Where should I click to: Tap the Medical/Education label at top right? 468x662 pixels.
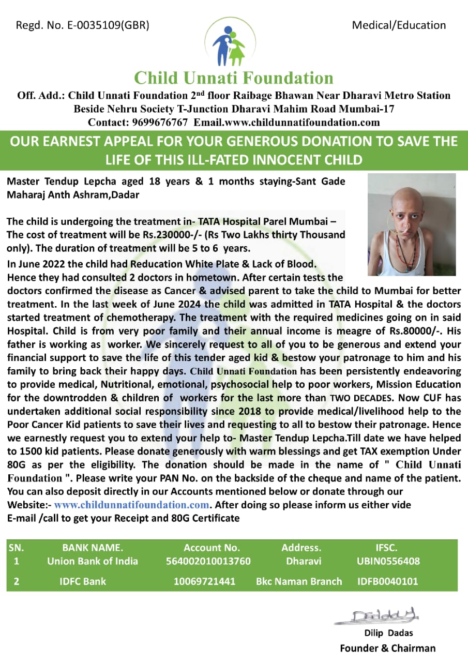coord(399,25)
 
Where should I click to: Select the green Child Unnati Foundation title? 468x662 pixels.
coord(234,78)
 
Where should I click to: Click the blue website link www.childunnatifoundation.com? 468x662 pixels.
coord(132,505)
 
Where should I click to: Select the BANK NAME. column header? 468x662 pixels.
coord(93,548)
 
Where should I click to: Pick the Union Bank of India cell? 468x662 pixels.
coord(93,561)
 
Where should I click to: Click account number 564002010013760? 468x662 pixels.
coord(208,561)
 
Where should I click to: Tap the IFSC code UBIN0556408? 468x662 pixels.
coord(388,561)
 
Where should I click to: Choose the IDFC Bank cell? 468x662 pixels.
coord(83,581)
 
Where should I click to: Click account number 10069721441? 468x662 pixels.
coord(204,581)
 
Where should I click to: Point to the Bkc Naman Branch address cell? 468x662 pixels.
coord(299,581)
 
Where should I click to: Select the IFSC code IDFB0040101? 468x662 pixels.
coord(388,581)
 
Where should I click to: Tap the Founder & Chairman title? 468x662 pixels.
coord(387,648)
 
